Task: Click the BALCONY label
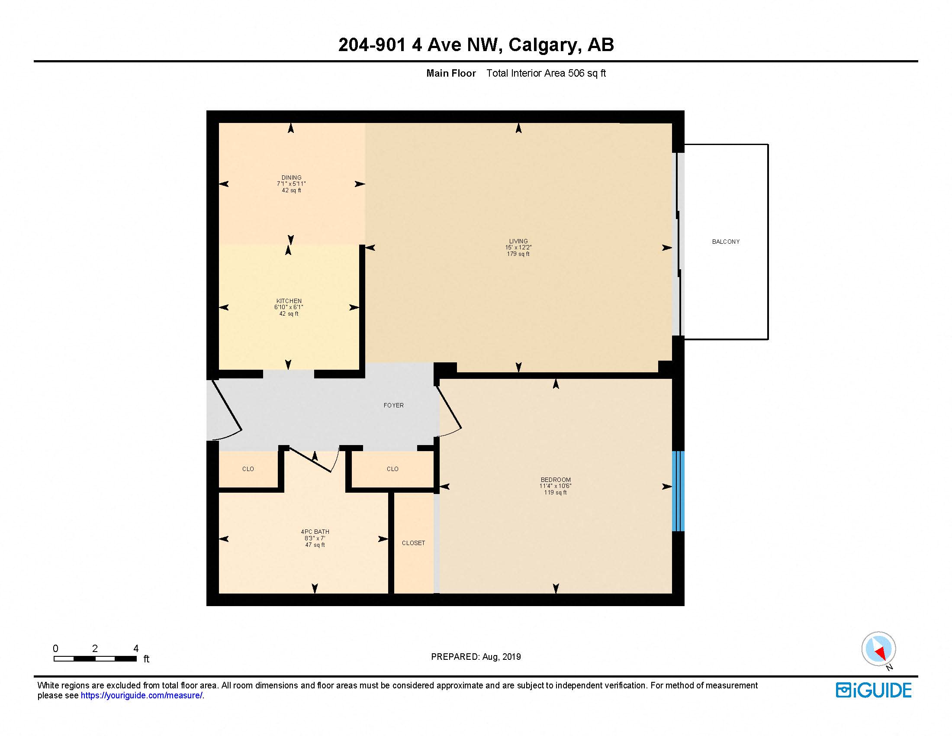(725, 242)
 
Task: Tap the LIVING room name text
(518, 241)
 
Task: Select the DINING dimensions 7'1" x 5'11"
(291, 184)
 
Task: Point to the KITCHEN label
(289, 301)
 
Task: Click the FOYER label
(393, 405)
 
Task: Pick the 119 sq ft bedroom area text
(555, 492)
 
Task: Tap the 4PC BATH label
(315, 532)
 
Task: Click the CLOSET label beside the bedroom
(413, 543)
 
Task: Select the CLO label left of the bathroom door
(248, 469)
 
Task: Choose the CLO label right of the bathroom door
(392, 469)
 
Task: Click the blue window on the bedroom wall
(678, 491)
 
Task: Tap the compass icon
(878, 649)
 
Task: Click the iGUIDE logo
(873, 690)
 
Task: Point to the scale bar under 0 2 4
(95, 659)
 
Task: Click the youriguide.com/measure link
(141, 695)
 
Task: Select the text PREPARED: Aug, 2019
(476, 657)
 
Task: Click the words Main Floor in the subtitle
(451, 73)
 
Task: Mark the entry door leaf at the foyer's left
(227, 405)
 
